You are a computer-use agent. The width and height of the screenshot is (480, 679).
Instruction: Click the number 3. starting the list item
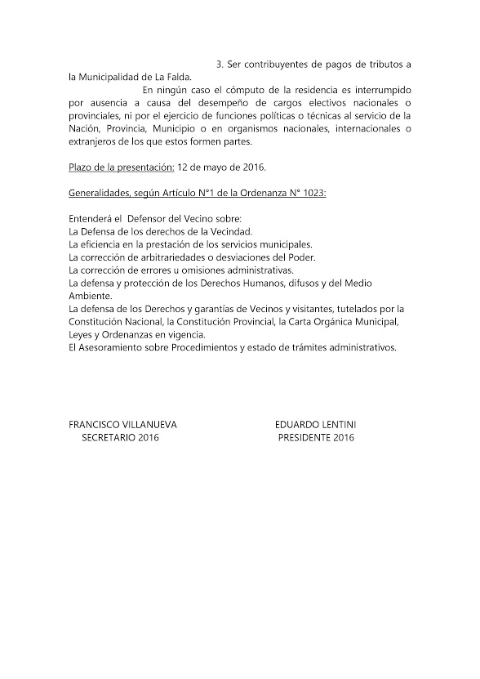(220, 64)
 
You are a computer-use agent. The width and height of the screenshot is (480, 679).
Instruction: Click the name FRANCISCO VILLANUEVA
(122, 425)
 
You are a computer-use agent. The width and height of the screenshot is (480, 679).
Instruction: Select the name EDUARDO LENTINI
(315, 425)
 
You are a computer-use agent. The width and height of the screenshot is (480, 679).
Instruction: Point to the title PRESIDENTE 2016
(316, 438)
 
